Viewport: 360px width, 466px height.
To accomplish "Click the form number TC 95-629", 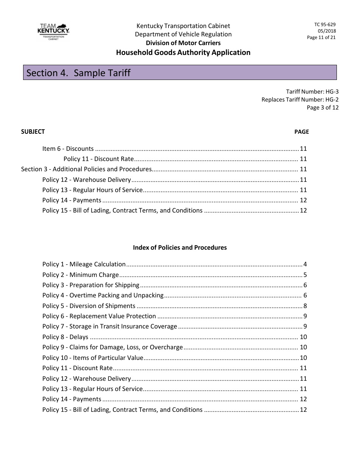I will (324, 25).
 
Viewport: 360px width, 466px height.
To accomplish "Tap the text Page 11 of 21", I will (321, 38).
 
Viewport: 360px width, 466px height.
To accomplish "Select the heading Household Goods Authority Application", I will (183, 53).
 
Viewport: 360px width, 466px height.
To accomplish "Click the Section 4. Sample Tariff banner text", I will (78, 73).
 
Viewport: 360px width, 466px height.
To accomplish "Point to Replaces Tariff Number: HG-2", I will (300, 100).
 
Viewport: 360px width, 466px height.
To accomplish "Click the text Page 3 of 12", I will (322, 108).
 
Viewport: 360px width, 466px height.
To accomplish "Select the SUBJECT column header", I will (33, 131).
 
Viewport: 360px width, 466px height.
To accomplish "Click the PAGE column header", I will (301, 132).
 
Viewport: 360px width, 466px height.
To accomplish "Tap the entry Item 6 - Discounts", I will (68, 149).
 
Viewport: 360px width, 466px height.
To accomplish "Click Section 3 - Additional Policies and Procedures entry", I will (86, 169).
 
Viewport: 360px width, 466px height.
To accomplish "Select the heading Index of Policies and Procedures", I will (180, 247).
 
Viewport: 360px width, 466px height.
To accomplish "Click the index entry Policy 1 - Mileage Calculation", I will (84, 264).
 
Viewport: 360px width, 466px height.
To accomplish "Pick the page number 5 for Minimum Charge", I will (305, 275).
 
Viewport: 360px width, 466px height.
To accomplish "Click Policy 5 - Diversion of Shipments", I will (89, 306).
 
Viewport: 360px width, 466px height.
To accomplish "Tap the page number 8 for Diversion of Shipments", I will (305, 306).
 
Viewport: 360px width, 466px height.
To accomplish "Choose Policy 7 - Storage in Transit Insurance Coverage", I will (110, 326).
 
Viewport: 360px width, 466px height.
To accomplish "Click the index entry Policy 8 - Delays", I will (65, 337).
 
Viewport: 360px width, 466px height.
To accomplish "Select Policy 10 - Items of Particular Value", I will (93, 358).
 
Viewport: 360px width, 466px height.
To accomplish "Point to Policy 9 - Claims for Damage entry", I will (113, 347).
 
